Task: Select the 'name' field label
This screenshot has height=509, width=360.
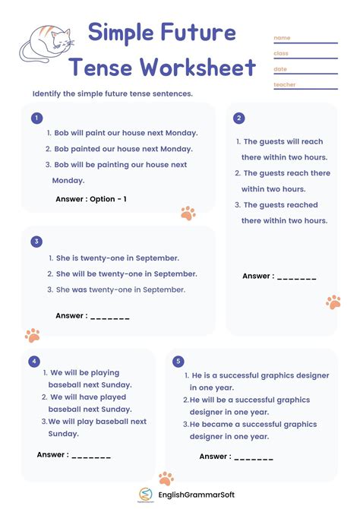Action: [282, 38]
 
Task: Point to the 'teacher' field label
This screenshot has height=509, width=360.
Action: [285, 84]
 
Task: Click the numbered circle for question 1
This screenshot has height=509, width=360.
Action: [36, 118]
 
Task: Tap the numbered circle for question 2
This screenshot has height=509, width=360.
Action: [239, 118]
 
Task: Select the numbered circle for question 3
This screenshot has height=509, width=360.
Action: [36, 242]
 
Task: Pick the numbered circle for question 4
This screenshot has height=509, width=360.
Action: [33, 361]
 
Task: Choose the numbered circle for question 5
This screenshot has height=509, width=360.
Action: [178, 361]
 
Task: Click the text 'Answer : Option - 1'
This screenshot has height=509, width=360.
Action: [91, 199]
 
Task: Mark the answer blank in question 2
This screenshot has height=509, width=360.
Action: [297, 277]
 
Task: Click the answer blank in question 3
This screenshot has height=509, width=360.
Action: [110, 316]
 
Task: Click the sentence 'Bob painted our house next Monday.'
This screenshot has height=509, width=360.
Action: [123, 149]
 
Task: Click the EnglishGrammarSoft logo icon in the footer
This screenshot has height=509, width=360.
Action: [145, 495]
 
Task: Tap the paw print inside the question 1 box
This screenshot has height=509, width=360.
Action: [188, 213]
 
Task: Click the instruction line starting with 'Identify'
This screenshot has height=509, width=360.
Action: [112, 93]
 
